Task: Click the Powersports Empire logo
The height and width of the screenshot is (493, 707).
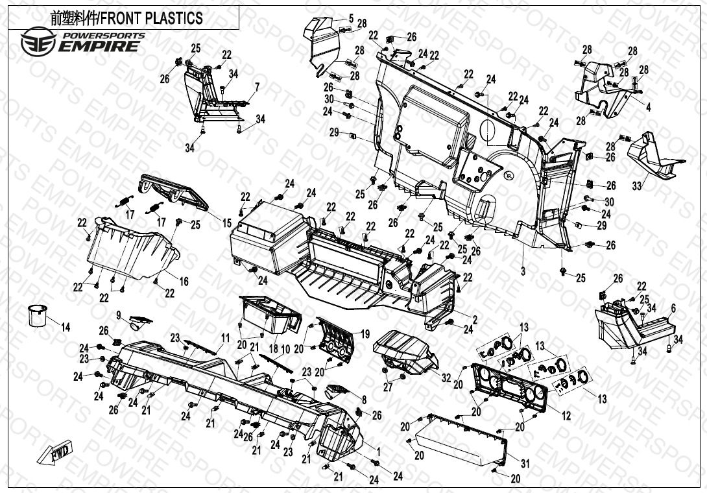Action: point(81,41)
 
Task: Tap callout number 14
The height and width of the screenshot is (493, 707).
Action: point(66,328)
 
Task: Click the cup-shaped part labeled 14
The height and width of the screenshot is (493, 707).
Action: point(37,317)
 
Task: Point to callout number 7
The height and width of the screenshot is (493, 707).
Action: point(257,86)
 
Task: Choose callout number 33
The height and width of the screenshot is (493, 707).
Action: point(637,186)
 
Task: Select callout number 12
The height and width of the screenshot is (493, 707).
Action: point(566,416)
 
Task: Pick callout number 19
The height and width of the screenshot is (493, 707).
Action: point(365,335)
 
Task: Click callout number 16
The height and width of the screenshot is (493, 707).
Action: point(184,282)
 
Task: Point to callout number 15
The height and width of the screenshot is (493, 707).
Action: point(227,223)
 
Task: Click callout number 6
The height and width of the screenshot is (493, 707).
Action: point(673,309)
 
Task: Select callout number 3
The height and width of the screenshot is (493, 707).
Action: point(523,268)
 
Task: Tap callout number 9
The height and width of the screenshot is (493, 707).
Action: point(119,315)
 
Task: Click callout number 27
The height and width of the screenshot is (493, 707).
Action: point(388,387)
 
